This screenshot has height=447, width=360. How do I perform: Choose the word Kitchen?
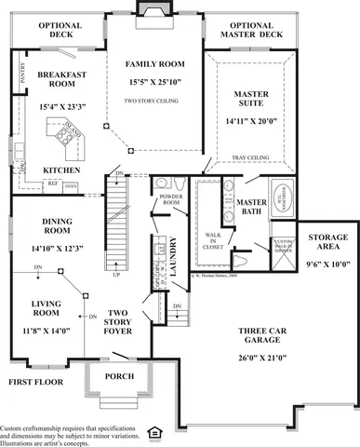tap(61, 170)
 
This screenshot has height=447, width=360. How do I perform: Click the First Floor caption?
tap(36, 382)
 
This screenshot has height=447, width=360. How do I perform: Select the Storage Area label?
tap(327, 244)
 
